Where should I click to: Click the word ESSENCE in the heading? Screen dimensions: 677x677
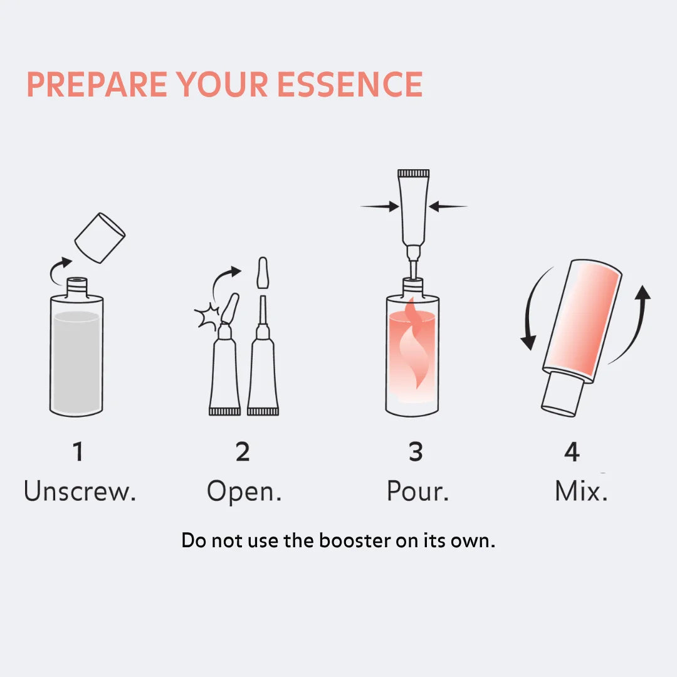point(350,85)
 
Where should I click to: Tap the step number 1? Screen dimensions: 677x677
point(78,452)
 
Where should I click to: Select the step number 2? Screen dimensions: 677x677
point(243,452)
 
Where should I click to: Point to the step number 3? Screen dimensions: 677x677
point(416,452)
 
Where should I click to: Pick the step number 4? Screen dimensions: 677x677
point(572,452)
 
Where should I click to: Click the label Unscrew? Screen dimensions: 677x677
point(80,491)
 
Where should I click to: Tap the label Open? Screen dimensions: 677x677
point(244,491)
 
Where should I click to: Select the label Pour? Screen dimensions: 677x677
point(417,491)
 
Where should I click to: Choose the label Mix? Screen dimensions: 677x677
point(581,491)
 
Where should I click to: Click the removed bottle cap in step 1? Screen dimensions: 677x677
point(100,238)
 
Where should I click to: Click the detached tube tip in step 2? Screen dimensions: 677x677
point(263,273)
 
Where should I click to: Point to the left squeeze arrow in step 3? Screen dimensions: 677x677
point(380,206)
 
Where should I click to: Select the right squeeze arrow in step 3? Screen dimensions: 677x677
point(449,206)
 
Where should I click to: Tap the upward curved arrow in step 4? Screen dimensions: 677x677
point(636,320)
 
